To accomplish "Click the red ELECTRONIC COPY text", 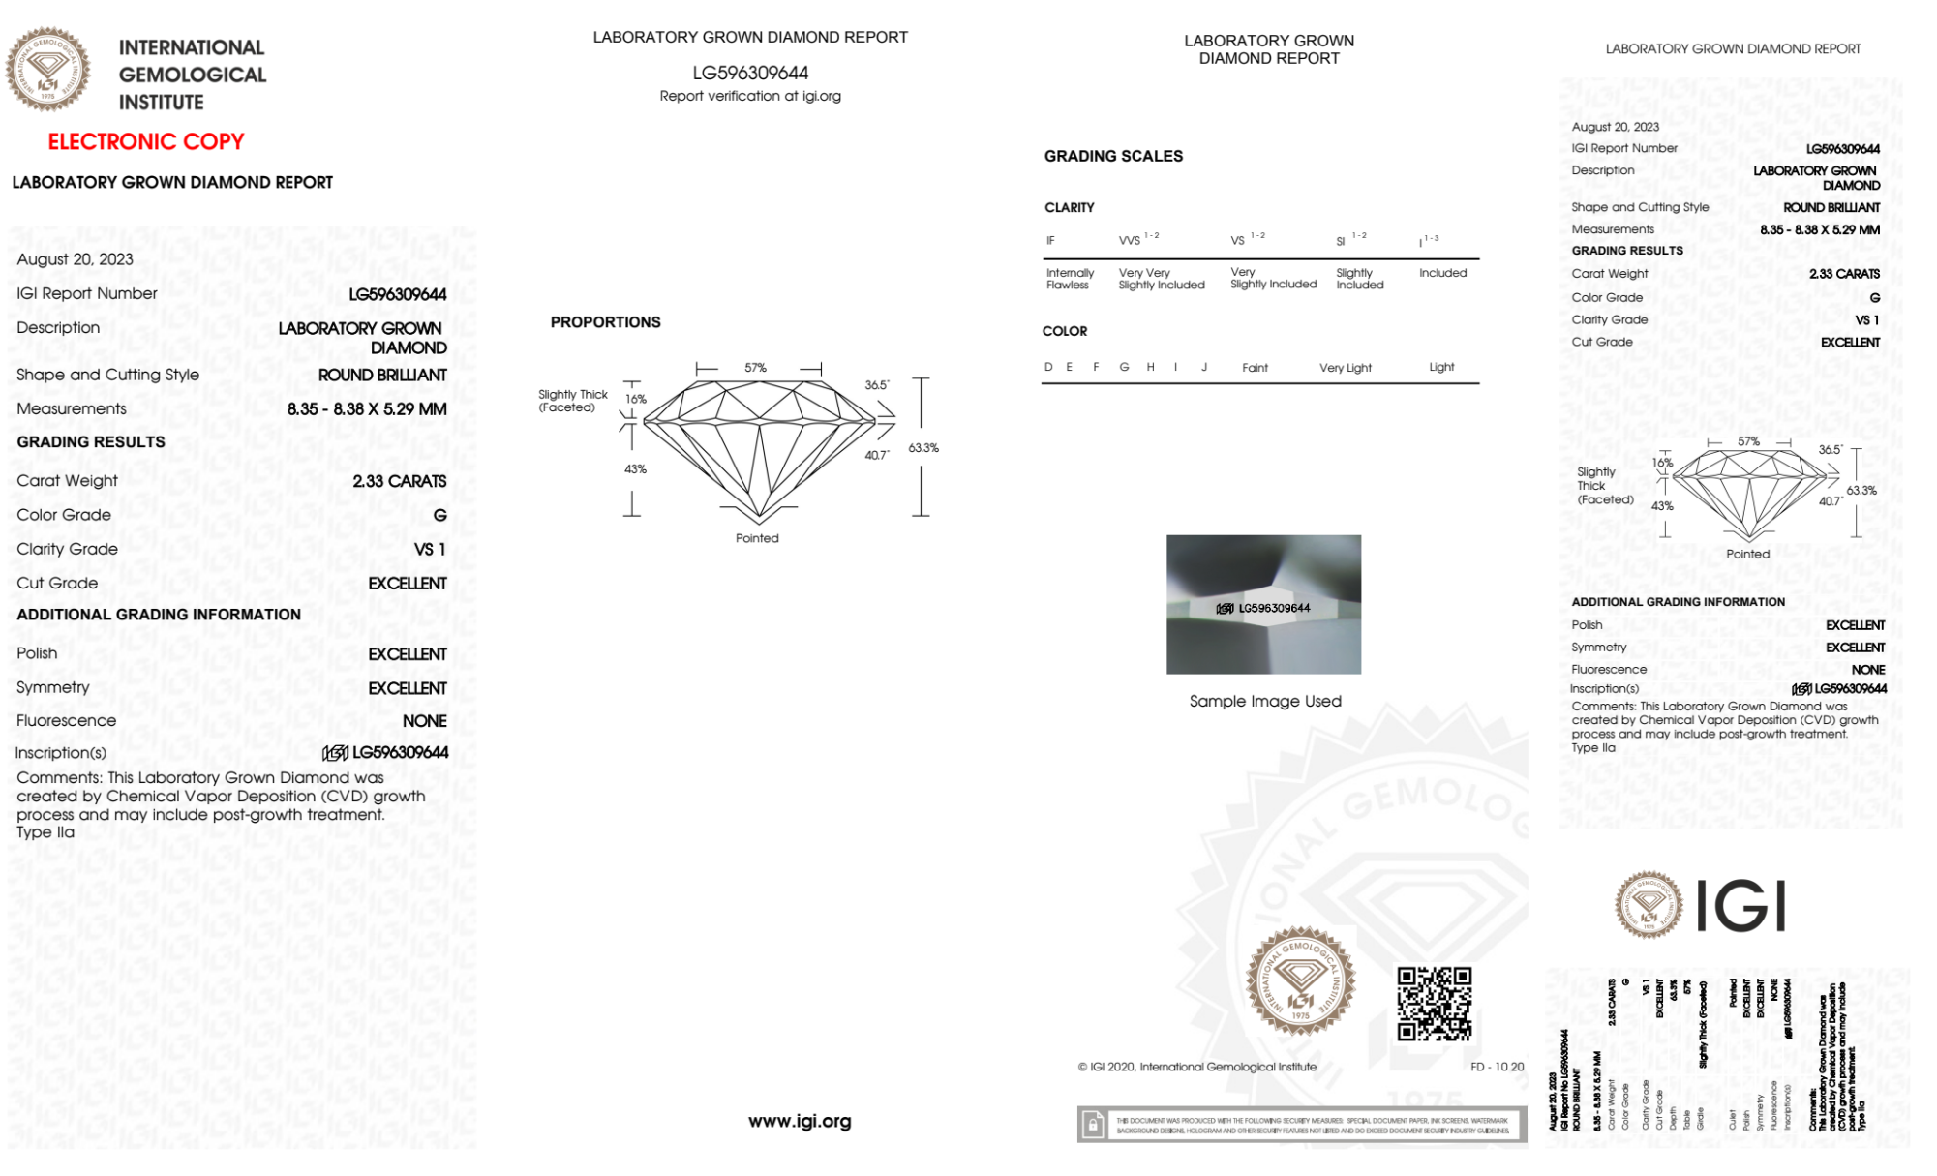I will click(x=146, y=141).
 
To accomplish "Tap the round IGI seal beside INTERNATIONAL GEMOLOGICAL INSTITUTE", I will click(x=47, y=69).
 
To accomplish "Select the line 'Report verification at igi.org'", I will click(x=750, y=96).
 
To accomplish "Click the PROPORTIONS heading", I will click(x=605, y=322).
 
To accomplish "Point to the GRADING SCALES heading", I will click(x=1113, y=156).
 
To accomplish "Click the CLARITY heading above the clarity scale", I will click(x=1069, y=207).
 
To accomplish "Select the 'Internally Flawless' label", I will click(x=1070, y=279).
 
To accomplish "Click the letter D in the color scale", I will click(x=1048, y=367).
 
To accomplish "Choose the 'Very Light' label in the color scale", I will click(x=1345, y=368).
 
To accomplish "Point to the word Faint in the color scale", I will click(x=1255, y=368).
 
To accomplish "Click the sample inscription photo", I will click(x=1263, y=604).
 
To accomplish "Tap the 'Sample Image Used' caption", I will click(x=1265, y=701).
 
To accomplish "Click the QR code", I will click(x=1434, y=1003).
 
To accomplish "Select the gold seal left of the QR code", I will click(x=1300, y=980).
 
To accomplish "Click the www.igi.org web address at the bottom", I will click(x=800, y=1121).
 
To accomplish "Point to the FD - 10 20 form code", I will click(x=1497, y=1067).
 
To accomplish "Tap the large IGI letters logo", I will click(x=1741, y=907).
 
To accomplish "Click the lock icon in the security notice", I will click(x=1093, y=1125).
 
